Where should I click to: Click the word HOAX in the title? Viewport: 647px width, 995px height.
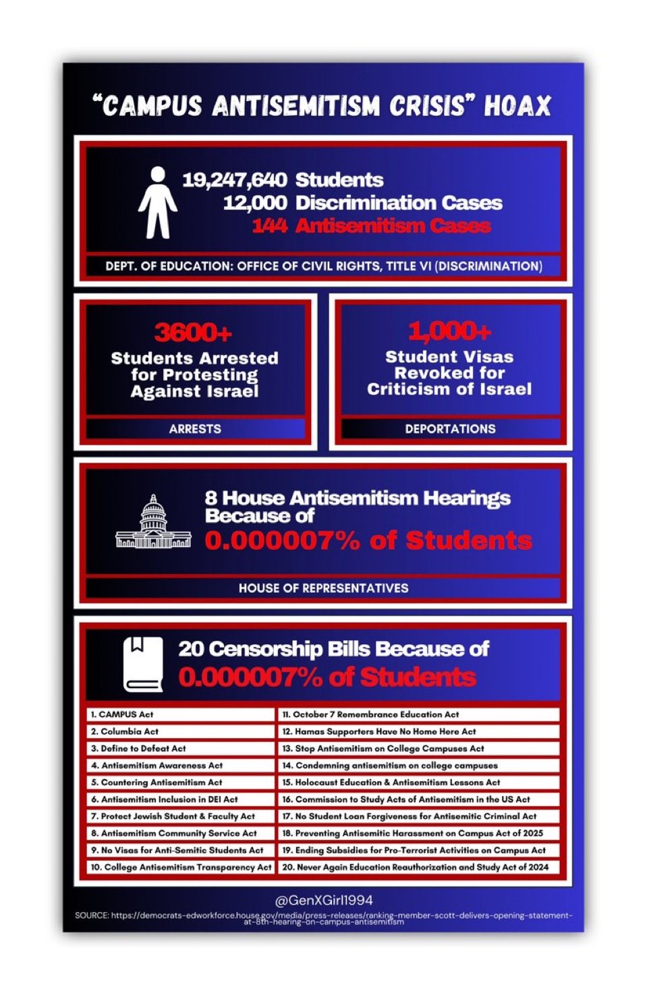pos(517,106)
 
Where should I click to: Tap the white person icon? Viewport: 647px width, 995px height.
pos(157,203)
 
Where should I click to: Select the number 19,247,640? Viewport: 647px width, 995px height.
pos(234,180)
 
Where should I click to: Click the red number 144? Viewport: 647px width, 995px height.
pos(270,225)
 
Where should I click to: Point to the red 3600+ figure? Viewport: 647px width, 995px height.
pos(194,332)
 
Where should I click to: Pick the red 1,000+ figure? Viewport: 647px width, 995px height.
pos(449,331)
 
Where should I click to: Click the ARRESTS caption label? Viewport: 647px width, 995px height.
pos(195,429)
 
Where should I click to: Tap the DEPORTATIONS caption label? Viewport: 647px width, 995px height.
pos(450,429)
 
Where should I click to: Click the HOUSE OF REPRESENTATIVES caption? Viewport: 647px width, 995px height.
pos(323,588)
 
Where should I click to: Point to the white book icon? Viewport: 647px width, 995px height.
pos(143,664)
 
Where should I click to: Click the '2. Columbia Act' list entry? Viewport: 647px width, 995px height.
pos(125,731)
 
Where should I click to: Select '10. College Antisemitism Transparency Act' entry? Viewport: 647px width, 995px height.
pos(181,868)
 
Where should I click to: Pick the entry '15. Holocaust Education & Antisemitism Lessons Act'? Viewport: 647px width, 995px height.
pos(391,783)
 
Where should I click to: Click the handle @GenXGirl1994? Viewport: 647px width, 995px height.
pos(324,901)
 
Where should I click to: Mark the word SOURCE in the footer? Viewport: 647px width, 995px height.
pos(91,915)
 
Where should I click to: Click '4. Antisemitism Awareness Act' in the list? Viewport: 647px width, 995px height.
pos(157,766)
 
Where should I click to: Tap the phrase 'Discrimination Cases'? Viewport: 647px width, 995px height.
pos(399,203)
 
